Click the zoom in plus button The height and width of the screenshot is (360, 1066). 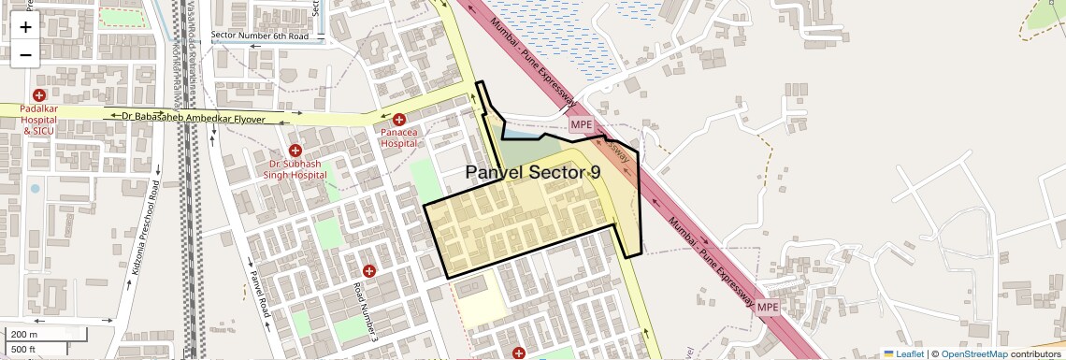point(25,26)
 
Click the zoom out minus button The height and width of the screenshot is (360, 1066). point(25,54)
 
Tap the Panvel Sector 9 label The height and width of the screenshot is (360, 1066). point(533,172)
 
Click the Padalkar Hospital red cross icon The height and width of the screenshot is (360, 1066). point(39,95)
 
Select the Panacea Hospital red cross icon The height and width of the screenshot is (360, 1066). point(399,120)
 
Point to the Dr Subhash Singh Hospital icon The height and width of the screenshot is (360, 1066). point(295,151)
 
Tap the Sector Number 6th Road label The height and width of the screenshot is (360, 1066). point(259,36)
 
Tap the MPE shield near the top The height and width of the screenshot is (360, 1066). point(582,124)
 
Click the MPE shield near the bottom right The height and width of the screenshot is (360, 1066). point(768,307)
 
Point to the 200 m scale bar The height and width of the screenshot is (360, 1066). point(47,335)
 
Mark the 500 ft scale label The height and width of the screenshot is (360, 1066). point(24,349)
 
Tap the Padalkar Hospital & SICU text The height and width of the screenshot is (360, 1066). point(39,120)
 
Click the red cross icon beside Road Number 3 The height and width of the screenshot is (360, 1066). point(369,271)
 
